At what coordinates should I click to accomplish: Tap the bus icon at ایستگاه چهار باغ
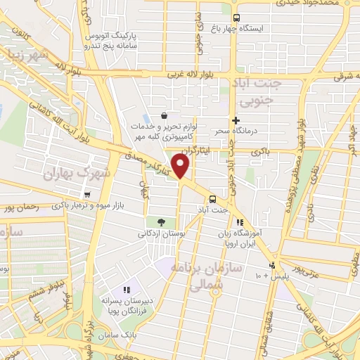tap(236, 18)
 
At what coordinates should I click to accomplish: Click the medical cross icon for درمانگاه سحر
tap(236, 121)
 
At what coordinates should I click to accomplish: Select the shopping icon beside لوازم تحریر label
tap(164, 116)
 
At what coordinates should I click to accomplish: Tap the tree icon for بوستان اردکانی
tap(162, 222)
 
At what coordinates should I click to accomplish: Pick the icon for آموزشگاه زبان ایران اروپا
tap(240, 223)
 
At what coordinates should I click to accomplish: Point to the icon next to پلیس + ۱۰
tap(272, 266)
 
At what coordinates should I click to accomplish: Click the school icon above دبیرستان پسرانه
tap(127, 289)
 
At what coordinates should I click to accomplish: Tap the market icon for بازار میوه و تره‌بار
tap(86, 195)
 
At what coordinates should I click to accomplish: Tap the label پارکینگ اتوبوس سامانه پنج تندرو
tap(110, 40)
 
